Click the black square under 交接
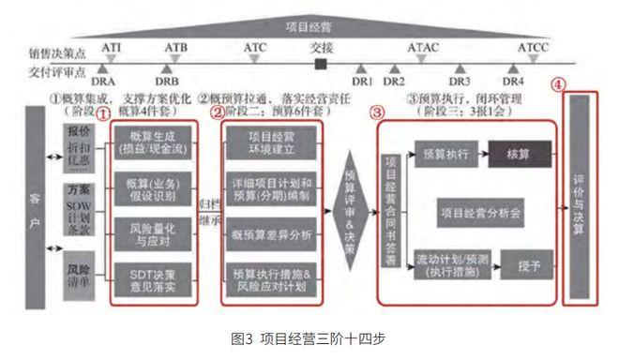[321, 64]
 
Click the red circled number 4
[559, 83]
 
